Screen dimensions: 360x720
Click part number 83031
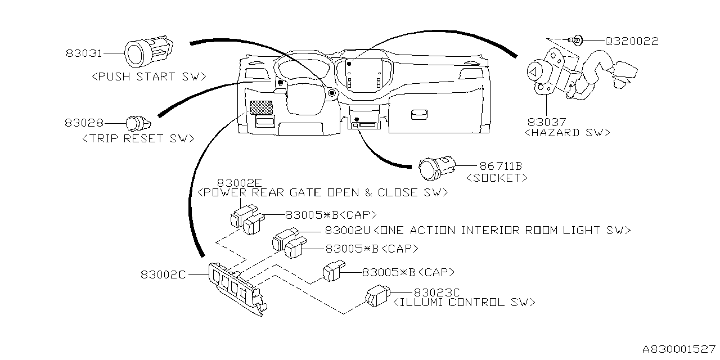point(84,53)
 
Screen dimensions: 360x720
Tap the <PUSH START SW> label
point(148,76)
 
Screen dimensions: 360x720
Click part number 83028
point(84,122)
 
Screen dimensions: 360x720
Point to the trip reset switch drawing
point(136,122)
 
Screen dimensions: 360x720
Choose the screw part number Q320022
point(631,41)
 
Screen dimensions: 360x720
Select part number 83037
point(546,121)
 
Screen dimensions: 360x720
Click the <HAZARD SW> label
point(567,133)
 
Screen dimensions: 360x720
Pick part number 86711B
point(501,166)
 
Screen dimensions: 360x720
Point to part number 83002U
point(347,230)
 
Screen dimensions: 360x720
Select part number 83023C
point(437,292)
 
